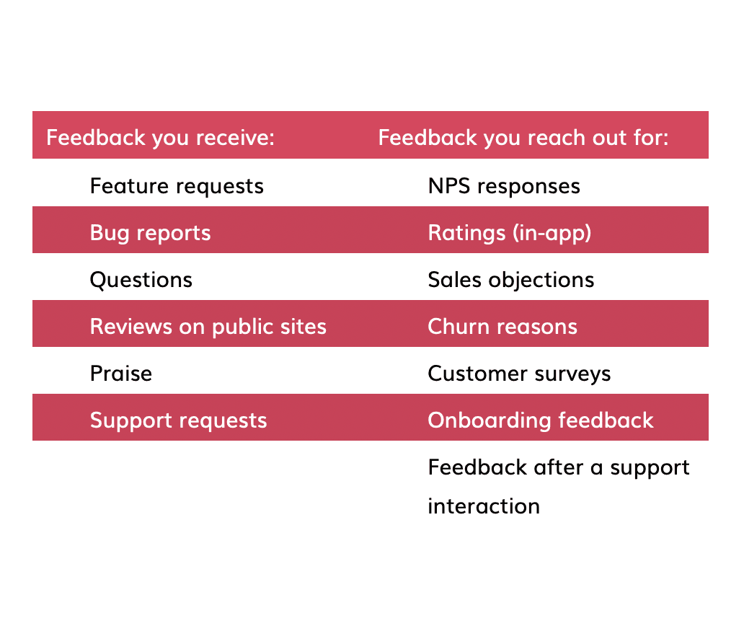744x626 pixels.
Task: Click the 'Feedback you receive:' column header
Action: (x=160, y=137)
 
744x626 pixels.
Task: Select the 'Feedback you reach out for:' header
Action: (x=523, y=137)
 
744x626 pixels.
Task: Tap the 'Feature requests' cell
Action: (x=177, y=186)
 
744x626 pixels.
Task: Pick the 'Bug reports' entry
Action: (x=150, y=233)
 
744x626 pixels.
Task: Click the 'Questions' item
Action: (x=141, y=280)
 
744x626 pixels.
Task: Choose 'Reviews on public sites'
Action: (x=208, y=327)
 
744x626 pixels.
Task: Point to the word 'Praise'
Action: (x=120, y=374)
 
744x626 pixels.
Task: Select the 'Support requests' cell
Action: (x=178, y=420)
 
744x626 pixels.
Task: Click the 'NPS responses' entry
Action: (x=503, y=186)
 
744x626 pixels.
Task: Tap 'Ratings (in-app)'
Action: (x=509, y=233)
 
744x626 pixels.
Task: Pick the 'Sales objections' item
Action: (x=510, y=280)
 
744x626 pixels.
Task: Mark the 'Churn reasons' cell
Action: (x=502, y=327)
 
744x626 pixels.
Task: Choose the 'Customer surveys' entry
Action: (x=519, y=374)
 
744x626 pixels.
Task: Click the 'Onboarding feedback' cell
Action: (x=540, y=420)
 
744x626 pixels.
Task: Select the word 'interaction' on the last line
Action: (x=483, y=506)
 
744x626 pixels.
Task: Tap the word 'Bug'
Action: (x=109, y=234)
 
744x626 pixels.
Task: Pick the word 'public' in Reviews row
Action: (x=248, y=327)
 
